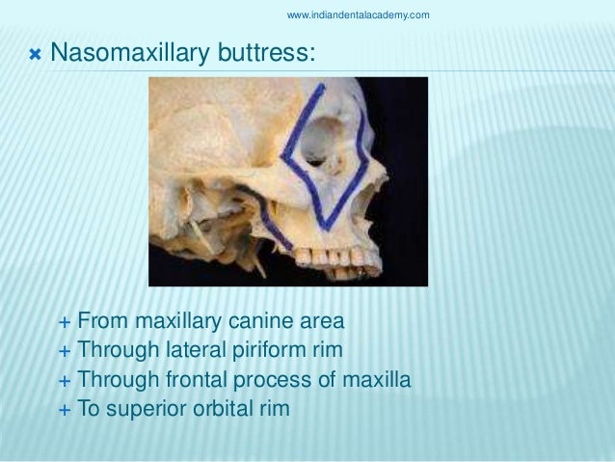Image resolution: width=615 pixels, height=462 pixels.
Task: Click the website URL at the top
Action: (x=359, y=14)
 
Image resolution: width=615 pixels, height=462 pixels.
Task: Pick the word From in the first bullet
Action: (x=99, y=319)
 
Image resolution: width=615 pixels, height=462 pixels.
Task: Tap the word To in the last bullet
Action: (x=90, y=410)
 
